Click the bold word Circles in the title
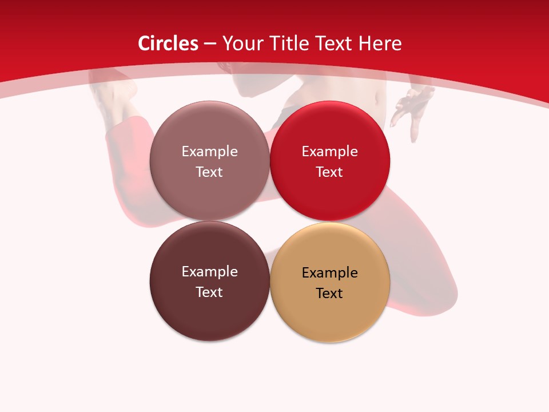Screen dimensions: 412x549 pos(168,43)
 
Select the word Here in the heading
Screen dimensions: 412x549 pos(380,43)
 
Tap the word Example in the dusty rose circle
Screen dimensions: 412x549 pos(209,151)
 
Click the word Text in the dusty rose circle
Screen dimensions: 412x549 pos(209,172)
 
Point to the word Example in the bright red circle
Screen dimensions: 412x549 pos(329,151)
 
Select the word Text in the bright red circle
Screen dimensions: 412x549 pos(329,172)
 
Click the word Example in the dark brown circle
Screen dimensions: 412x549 pos(209,271)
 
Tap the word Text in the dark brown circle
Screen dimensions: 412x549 pos(209,292)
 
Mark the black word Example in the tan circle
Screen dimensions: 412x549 pos(329,272)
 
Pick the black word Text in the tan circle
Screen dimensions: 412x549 pos(329,293)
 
